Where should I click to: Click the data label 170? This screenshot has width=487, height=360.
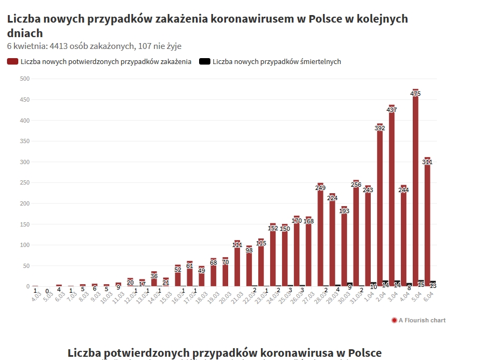click(x=297, y=221)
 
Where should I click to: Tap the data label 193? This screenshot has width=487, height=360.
click(x=344, y=211)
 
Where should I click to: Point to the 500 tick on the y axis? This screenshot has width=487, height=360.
click(x=24, y=79)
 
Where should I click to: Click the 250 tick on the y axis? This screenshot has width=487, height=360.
click(x=24, y=183)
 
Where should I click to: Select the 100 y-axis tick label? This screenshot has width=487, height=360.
click(x=24, y=245)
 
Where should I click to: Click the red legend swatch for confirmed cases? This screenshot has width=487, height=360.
click(x=12, y=62)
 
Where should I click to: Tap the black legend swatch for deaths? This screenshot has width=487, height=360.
click(x=204, y=62)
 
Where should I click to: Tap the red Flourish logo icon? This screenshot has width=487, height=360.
click(x=394, y=320)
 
